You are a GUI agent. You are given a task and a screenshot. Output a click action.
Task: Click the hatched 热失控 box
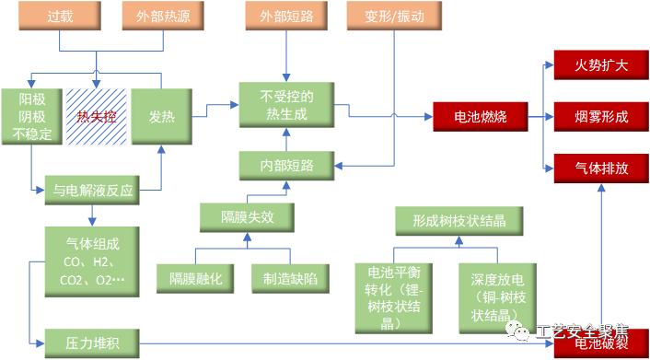pos(96,117)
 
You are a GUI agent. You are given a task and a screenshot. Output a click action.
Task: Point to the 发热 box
pos(161,117)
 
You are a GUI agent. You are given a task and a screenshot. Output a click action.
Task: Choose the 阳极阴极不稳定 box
pos(32,117)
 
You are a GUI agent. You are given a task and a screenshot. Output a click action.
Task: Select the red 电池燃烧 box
pos(484,117)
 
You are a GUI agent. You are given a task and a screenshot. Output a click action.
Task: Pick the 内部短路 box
pos(287,166)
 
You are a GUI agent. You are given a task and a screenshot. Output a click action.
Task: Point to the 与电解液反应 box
pos(92,192)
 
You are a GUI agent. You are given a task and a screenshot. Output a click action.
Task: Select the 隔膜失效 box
pos(246,218)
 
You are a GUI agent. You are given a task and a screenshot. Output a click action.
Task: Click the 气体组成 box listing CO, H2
pos(92,261)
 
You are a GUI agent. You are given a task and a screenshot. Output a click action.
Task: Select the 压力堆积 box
pos(92,343)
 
